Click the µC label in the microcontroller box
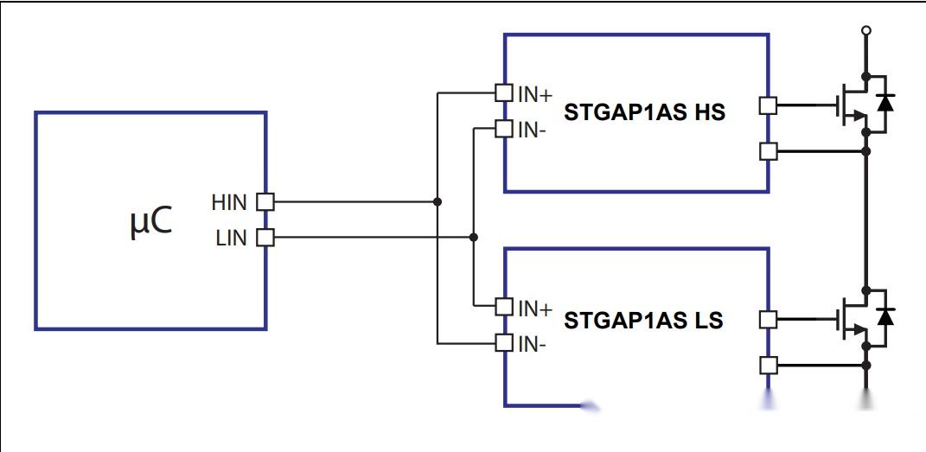point(150,222)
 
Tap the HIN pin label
point(229,202)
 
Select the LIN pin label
point(231,239)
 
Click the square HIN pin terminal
point(265,202)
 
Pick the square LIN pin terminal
point(265,238)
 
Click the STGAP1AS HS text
point(644,112)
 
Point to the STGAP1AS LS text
point(643,321)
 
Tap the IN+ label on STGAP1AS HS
point(535,94)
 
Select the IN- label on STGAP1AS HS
point(532,131)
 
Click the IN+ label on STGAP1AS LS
point(535,308)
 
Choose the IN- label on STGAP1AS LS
point(532,344)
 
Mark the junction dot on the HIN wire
point(437,202)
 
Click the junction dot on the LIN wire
point(473,237)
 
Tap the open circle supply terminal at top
point(865,30)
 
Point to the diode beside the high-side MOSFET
point(884,103)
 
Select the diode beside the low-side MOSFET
point(884,316)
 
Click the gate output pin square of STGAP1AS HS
point(768,106)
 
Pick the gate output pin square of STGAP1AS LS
point(768,320)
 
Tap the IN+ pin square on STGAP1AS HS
point(504,92)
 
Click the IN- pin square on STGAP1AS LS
point(504,343)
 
